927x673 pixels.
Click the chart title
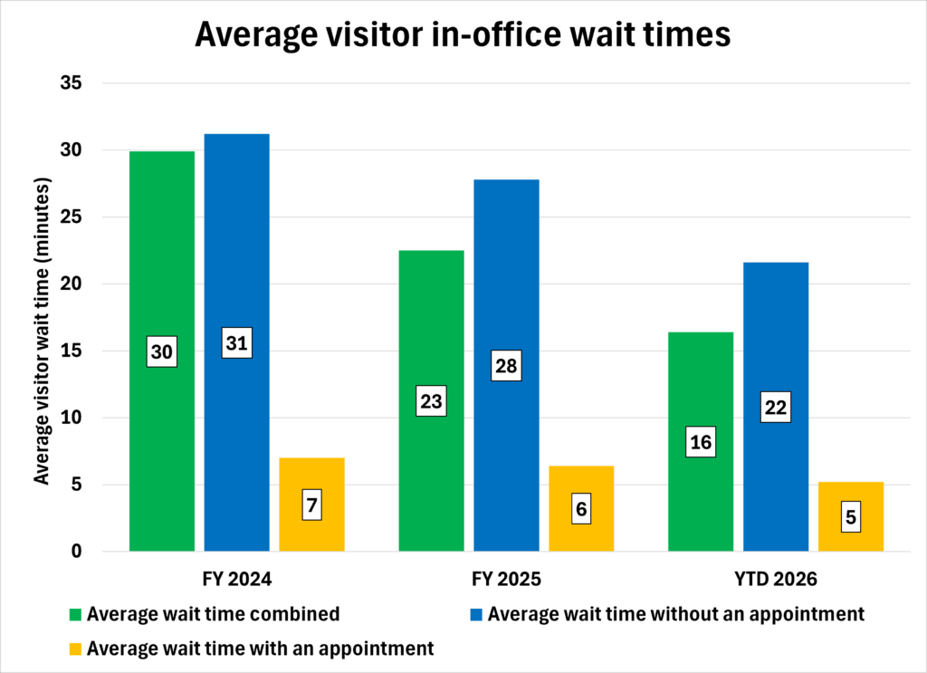pos(463,35)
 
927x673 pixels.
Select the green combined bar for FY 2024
pos(162,272)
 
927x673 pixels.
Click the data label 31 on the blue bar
pos(236,343)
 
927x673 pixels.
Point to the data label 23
pos(431,400)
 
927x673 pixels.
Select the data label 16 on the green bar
pos(701,442)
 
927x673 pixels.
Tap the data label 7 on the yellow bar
pos(311,505)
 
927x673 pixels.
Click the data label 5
pos(850,518)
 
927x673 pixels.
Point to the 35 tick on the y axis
pos(71,83)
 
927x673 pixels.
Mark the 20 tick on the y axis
pos(71,284)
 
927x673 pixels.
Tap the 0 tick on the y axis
pos(76,552)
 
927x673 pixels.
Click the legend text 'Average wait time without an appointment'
pos(675,614)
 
